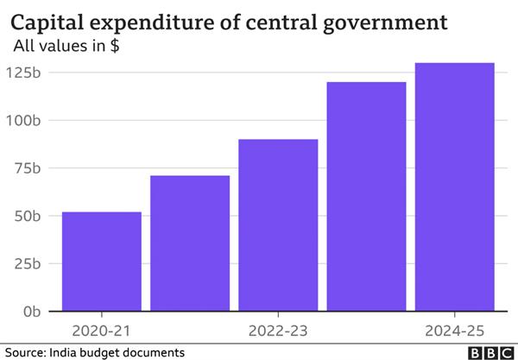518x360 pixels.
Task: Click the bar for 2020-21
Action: [101, 261]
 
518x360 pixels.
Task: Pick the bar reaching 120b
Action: [366, 196]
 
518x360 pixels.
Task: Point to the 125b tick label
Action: [28, 73]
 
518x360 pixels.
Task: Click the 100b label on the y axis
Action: [28, 120]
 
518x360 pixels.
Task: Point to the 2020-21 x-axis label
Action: [101, 330]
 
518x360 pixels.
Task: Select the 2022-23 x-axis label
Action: [278, 330]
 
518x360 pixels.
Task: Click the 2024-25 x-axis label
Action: [455, 330]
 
